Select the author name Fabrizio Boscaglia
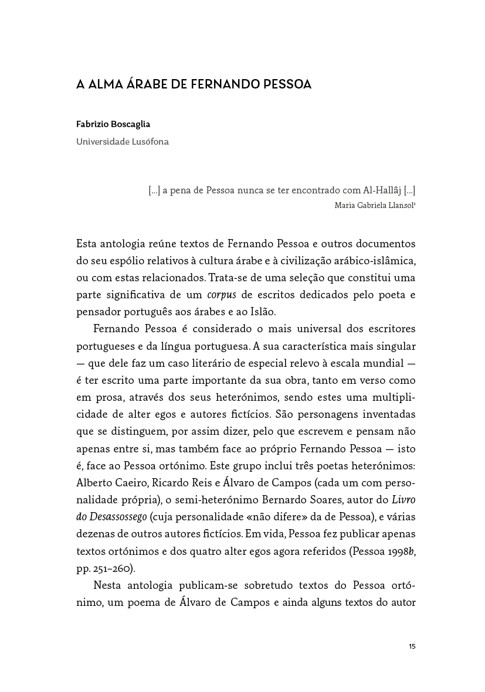click(113, 124)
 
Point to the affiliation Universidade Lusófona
click(123, 142)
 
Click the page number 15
click(412, 646)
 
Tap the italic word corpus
click(221, 294)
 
